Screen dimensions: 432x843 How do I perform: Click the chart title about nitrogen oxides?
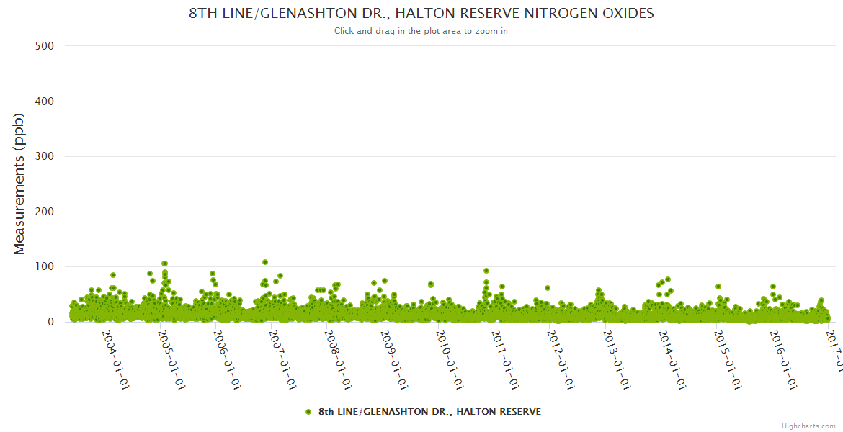click(x=421, y=14)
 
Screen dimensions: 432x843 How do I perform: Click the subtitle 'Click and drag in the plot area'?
click(x=421, y=31)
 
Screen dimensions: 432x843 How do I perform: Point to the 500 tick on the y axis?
click(x=45, y=46)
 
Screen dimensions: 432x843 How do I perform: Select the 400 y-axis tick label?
click(x=45, y=102)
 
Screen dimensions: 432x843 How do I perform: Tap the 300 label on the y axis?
click(x=45, y=156)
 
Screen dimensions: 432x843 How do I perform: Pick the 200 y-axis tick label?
click(x=45, y=212)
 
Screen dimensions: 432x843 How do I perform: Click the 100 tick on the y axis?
click(x=45, y=267)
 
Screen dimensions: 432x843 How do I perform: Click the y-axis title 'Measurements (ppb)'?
click(x=19, y=185)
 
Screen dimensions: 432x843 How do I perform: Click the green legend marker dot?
click(x=308, y=412)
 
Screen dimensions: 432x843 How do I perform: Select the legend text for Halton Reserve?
click(x=429, y=412)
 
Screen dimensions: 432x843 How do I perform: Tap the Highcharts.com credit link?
click(x=808, y=426)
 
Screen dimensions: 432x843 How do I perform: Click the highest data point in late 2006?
click(x=265, y=262)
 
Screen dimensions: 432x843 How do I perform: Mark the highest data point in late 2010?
click(x=486, y=271)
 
